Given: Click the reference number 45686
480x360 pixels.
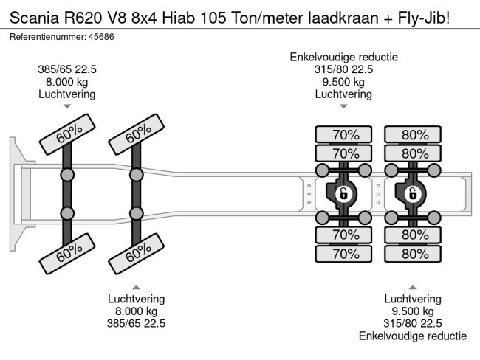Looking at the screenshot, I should point(114,36).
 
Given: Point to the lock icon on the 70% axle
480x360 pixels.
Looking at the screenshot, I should point(343,194).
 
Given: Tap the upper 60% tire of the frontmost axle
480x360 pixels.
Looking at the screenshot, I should point(68,134).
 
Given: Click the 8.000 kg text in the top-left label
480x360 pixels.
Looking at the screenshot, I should point(67,82).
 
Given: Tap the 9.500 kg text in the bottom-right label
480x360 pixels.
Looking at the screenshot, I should point(413,311).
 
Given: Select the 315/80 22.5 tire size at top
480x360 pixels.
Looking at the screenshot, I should point(343,69).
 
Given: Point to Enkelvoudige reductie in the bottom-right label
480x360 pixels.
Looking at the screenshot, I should point(413,336).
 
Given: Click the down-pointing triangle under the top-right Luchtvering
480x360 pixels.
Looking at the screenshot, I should point(343,107).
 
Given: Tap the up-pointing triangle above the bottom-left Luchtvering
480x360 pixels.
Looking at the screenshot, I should point(137,286).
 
